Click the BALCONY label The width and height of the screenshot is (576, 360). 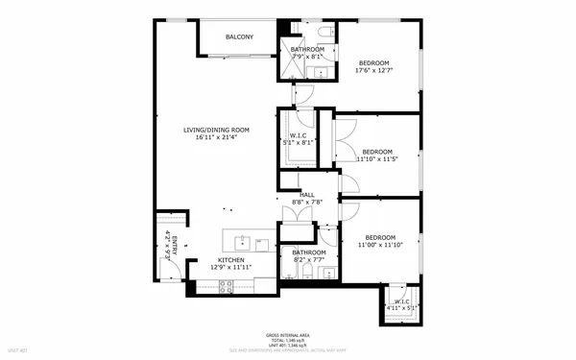coord(240,36)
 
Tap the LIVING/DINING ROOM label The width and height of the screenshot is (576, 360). coord(217,130)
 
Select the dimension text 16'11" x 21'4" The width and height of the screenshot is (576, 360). coord(217,138)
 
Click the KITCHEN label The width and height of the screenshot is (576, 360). coord(230,260)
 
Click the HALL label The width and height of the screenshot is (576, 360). coord(307,194)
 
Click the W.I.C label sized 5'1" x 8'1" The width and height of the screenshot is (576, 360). coord(298,136)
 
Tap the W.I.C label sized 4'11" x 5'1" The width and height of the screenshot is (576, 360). coord(400,302)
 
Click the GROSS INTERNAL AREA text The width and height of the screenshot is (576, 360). coord(288,335)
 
